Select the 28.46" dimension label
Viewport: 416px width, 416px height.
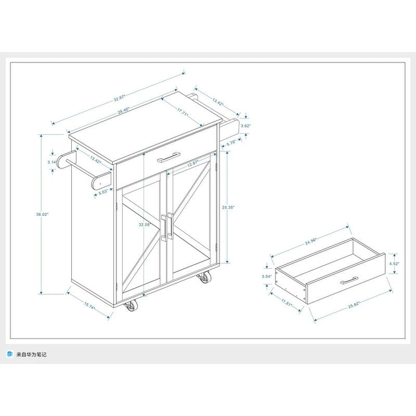[123, 111]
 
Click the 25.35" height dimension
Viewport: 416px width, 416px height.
[227, 207]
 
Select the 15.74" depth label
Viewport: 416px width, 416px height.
[89, 307]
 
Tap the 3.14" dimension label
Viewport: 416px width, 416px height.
[51, 163]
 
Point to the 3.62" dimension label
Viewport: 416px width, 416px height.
[246, 126]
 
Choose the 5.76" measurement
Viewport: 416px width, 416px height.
[230, 141]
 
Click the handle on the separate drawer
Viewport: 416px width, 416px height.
[350, 281]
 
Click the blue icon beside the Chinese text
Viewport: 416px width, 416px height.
[9, 354]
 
